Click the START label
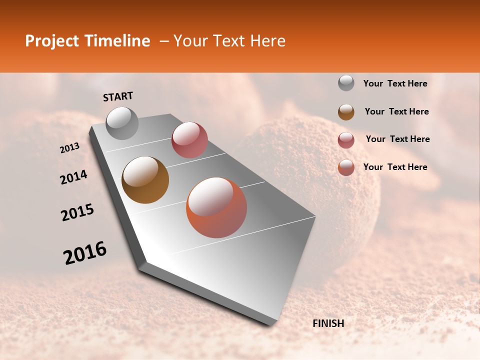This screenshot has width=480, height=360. point(118,96)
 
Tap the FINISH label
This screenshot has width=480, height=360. point(328,323)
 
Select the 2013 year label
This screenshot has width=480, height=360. point(70,148)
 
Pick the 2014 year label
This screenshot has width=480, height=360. point(73,177)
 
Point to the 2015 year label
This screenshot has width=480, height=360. point(77,212)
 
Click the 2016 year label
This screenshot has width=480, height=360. point(85,253)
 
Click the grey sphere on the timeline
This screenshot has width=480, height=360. point(122,123)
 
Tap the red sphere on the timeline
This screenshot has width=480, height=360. point(189,140)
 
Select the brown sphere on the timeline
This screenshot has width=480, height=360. point(145,180)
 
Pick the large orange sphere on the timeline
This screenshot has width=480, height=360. point(216,207)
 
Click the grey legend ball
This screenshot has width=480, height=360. point(346,83)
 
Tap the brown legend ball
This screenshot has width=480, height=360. point(346,112)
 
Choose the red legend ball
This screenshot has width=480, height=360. point(346,140)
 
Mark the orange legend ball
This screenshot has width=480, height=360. point(346,167)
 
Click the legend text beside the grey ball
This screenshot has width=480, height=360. point(395,83)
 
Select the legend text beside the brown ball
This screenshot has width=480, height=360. point(396,111)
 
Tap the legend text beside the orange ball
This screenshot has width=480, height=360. point(395,167)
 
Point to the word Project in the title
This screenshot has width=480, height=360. point(51,41)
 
